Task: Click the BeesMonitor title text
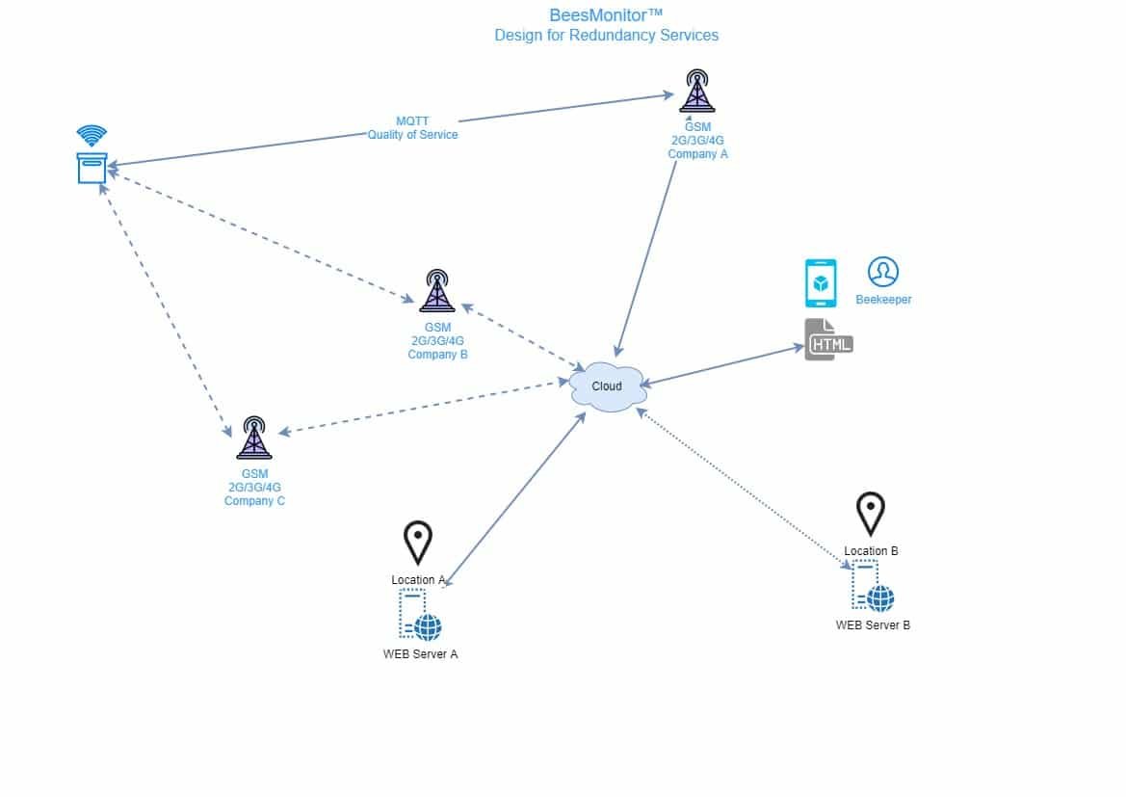(x=606, y=15)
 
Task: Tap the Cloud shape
(x=608, y=386)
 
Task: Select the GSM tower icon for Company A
(x=697, y=91)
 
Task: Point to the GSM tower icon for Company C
(x=254, y=437)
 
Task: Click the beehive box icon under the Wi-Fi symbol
(x=92, y=168)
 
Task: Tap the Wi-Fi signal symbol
(x=92, y=134)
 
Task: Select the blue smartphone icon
(x=821, y=283)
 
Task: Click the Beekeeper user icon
(x=882, y=272)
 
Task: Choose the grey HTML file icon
(x=828, y=340)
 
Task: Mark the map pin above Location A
(x=418, y=543)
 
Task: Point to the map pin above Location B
(x=871, y=514)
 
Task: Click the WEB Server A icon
(x=420, y=615)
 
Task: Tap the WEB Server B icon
(x=873, y=587)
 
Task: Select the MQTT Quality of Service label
(x=412, y=128)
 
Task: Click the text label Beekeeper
(x=883, y=300)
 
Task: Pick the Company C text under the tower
(x=254, y=501)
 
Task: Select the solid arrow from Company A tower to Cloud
(x=645, y=258)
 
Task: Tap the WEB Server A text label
(x=420, y=654)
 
